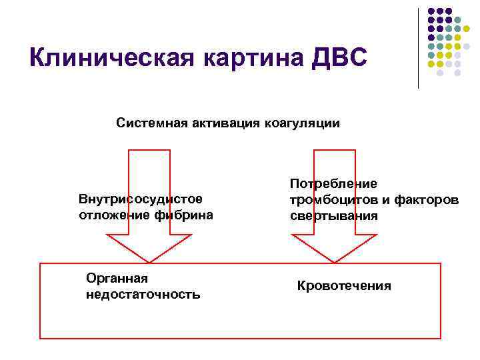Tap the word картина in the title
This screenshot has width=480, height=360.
coord(244,57)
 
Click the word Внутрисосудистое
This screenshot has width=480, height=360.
coord(140,199)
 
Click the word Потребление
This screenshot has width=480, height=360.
coord(333,183)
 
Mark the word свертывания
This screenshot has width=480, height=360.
coord(333,215)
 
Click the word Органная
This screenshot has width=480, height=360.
coord(117,279)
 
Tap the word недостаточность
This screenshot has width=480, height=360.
coord(143,294)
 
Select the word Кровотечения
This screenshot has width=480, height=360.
coord(344,286)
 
